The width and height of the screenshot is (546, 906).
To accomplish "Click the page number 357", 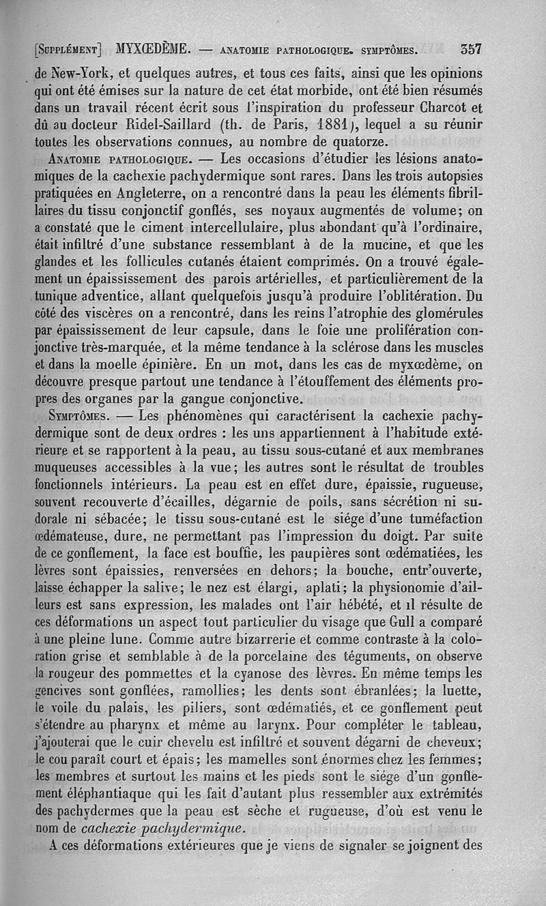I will (471, 49).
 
